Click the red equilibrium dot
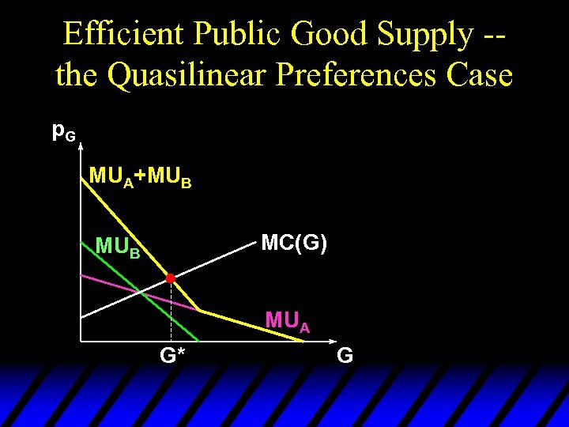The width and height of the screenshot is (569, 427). coord(170,278)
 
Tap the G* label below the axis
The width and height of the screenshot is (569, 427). coord(172,357)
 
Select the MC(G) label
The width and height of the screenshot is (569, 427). coord(294,243)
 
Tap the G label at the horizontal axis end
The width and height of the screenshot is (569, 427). coord(345,357)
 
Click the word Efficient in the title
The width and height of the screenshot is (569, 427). coord(125,34)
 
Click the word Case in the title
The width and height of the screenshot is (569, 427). coord(480,76)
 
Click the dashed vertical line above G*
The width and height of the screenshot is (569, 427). coord(171,312)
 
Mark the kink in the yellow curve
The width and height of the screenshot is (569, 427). coord(198,309)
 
